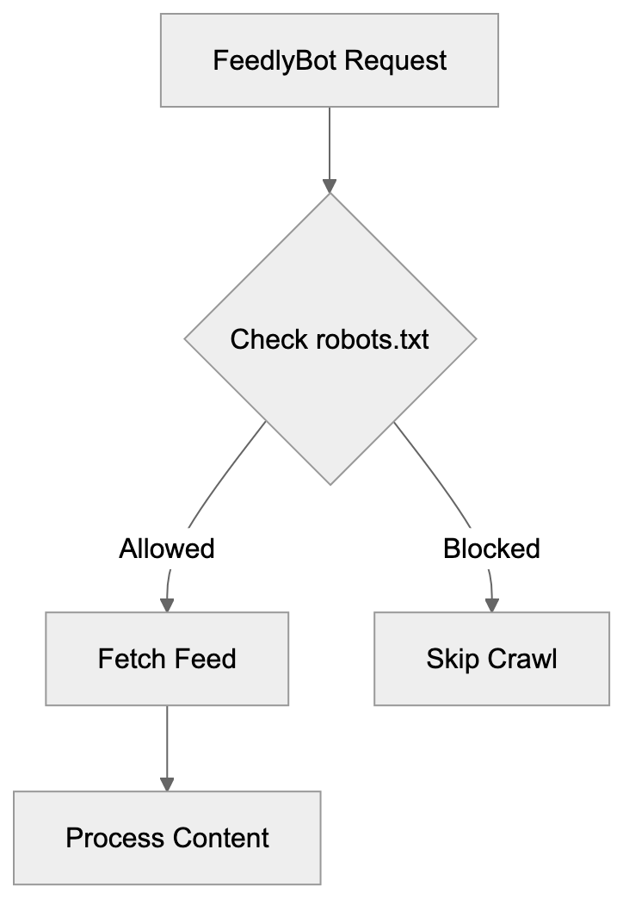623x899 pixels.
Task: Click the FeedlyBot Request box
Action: click(330, 59)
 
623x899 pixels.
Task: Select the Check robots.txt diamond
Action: click(330, 339)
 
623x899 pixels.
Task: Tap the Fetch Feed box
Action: click(167, 660)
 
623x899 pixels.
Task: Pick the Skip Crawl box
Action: click(491, 660)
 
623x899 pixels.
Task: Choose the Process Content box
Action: click(167, 838)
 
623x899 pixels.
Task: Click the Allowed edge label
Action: click(167, 549)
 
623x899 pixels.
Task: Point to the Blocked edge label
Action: click(491, 549)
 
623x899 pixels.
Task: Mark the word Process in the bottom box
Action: click(115, 838)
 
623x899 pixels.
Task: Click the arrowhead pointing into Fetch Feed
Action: click(167, 605)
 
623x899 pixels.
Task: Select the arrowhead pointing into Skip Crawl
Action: click(492, 605)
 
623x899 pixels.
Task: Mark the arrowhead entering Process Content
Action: click(167, 784)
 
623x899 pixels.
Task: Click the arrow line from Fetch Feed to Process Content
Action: click(167, 741)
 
